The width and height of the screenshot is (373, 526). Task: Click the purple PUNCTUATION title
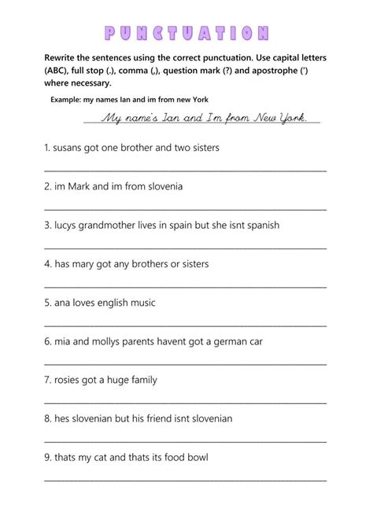tap(186, 33)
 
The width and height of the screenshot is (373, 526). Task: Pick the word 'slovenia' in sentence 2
tap(161, 186)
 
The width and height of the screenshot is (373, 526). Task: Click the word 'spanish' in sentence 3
tap(260, 225)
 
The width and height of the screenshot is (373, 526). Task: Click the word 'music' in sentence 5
tap(143, 303)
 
